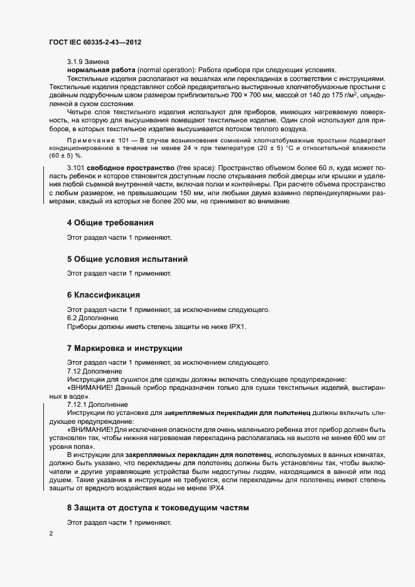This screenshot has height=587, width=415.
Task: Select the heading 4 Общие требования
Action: (x=110, y=223)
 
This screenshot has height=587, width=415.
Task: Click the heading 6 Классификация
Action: (x=103, y=294)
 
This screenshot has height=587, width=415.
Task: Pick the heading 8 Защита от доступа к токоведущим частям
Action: (x=158, y=507)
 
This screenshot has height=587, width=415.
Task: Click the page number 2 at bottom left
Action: (x=50, y=536)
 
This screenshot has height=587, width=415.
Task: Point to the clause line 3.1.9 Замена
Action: (x=88, y=62)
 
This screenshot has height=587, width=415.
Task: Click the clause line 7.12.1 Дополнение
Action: (x=92, y=404)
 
